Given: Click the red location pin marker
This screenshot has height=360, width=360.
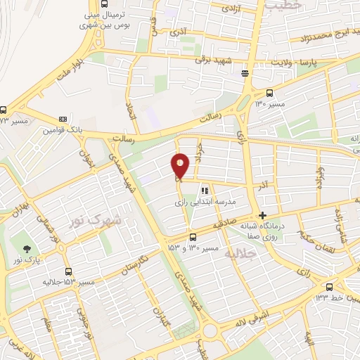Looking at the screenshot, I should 181,166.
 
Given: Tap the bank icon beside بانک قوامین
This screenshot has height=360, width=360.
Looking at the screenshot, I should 63,119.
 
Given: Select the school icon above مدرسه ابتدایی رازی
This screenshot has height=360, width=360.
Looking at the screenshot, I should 205,190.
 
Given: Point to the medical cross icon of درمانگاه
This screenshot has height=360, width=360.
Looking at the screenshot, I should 262,215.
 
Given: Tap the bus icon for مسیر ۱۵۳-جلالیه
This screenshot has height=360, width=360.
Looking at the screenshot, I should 68,271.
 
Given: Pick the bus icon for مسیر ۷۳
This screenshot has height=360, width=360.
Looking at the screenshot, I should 4,110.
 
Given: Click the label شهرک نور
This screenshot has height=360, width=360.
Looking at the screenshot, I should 95,221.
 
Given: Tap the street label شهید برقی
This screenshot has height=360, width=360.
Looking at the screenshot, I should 214,61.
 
